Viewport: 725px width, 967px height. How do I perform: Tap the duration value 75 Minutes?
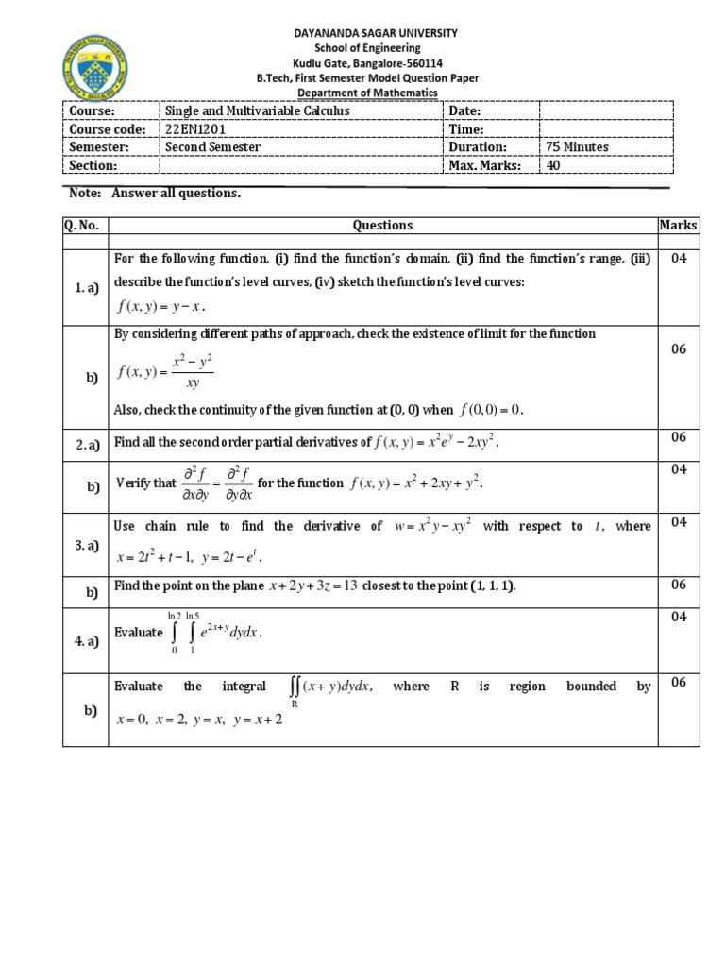[576, 147]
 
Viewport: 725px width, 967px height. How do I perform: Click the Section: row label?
[93, 165]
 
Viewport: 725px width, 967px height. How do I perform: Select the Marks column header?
[678, 226]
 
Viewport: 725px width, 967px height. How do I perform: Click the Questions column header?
[382, 226]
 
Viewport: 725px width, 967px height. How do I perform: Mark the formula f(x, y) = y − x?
[161, 306]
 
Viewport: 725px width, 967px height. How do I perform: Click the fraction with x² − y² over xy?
[193, 372]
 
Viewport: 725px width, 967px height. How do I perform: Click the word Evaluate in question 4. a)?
[139, 633]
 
